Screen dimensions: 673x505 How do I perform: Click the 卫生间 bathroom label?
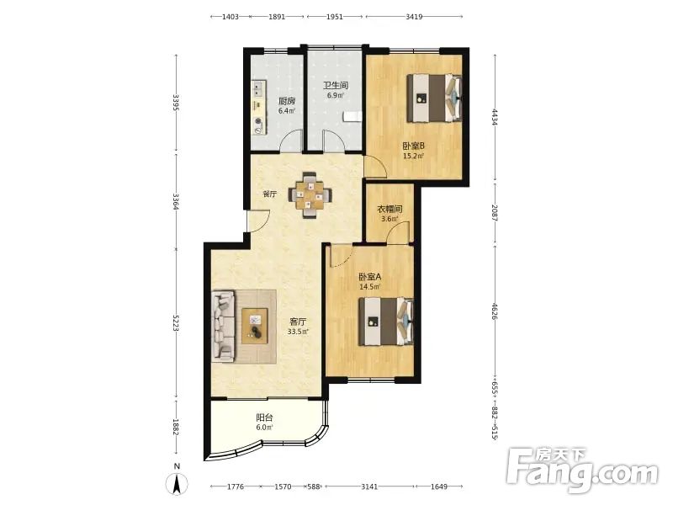coord(335,86)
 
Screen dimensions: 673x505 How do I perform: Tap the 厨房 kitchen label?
coord(287,101)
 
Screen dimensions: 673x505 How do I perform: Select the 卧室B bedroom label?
coord(413,146)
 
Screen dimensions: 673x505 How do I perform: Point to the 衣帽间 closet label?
coord(389,209)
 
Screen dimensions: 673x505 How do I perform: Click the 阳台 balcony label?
coord(264,417)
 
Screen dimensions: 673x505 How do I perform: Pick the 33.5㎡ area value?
coord(299,332)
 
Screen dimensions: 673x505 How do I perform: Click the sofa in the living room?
coord(223,326)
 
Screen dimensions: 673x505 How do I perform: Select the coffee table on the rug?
coord(255,326)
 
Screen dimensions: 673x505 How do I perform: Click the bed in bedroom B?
coord(434,98)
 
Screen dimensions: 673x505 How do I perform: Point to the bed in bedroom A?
coord(386,322)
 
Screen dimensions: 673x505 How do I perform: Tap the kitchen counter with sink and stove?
coord(258,108)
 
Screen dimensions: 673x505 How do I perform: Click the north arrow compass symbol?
coord(178,481)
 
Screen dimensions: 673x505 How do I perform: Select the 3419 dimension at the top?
coord(414,17)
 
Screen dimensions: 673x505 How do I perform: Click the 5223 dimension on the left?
coord(176,323)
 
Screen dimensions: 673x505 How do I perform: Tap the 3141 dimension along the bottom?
coord(369,486)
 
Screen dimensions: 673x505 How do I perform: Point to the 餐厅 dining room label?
coord(269,194)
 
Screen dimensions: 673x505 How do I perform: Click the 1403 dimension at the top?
coord(230,17)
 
